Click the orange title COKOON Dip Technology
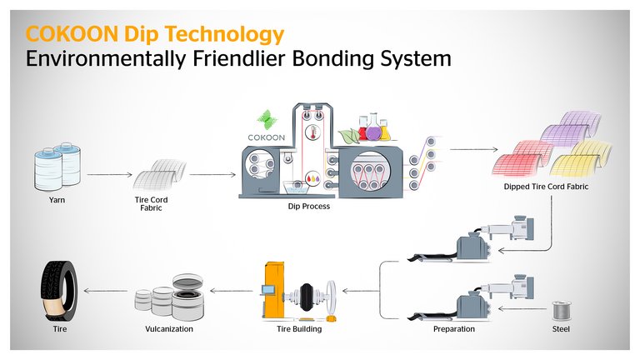[x=155, y=34]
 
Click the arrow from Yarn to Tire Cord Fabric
[x=109, y=175]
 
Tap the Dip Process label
[x=302, y=206]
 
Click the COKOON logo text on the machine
[x=264, y=132]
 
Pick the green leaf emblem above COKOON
[x=265, y=115]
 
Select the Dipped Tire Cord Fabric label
[x=546, y=187]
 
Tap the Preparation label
[x=454, y=329]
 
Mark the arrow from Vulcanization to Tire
[x=103, y=292]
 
